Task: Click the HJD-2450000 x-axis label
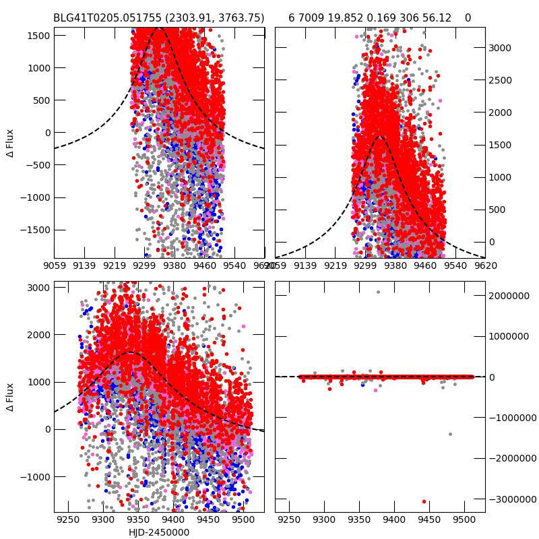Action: [159, 532]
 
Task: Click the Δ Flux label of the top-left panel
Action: [10, 143]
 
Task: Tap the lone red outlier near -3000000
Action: [424, 501]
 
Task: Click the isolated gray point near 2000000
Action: [378, 292]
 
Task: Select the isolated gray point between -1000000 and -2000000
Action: [450, 434]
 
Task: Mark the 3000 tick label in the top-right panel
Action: [500, 48]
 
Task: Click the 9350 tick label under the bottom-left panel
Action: [138, 521]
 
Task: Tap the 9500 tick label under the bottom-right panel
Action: [464, 521]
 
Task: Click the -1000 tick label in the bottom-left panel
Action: [35, 477]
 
